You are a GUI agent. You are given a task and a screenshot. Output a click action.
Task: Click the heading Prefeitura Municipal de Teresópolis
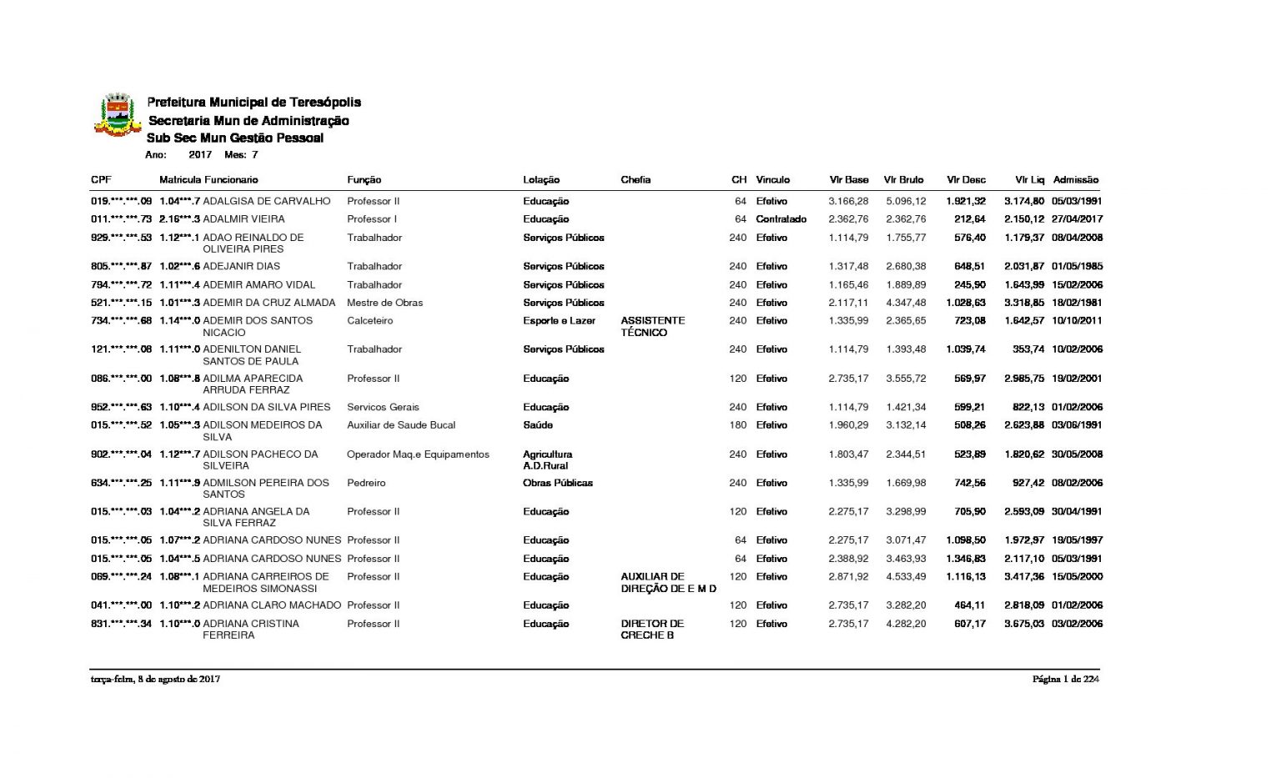pos(254,102)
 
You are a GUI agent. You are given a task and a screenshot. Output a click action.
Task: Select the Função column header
pos(364,179)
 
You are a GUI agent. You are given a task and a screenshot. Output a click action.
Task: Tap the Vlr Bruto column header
pos(903,179)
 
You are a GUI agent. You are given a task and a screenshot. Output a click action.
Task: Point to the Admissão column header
pos(1075,179)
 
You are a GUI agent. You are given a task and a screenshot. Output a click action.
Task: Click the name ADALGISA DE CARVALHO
pos(267,201)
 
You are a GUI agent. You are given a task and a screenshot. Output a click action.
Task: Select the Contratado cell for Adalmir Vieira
pos(781,219)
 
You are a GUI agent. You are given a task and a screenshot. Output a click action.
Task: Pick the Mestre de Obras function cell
pos(384,303)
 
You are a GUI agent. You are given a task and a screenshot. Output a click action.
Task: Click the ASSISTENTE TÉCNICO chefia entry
pos(652,326)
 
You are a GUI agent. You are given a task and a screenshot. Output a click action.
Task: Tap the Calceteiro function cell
pos(369,320)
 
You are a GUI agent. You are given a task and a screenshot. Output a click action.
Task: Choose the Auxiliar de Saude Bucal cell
pos(401,425)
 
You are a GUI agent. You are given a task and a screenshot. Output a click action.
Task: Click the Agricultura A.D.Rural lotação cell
pos(547,459)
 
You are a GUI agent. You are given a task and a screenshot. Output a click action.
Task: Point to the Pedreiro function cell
pos(366,483)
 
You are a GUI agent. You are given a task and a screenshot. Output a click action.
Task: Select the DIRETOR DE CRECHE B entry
pos(651,630)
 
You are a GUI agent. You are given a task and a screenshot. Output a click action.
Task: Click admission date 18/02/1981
pos(1077,303)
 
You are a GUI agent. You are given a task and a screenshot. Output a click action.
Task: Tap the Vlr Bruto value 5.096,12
pos(905,201)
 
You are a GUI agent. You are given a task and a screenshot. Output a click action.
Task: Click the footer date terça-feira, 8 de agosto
pos(155,680)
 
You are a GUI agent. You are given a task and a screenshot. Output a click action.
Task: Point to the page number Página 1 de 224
pos(1065,680)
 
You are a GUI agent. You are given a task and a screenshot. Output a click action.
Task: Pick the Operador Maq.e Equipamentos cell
pos(418,454)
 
